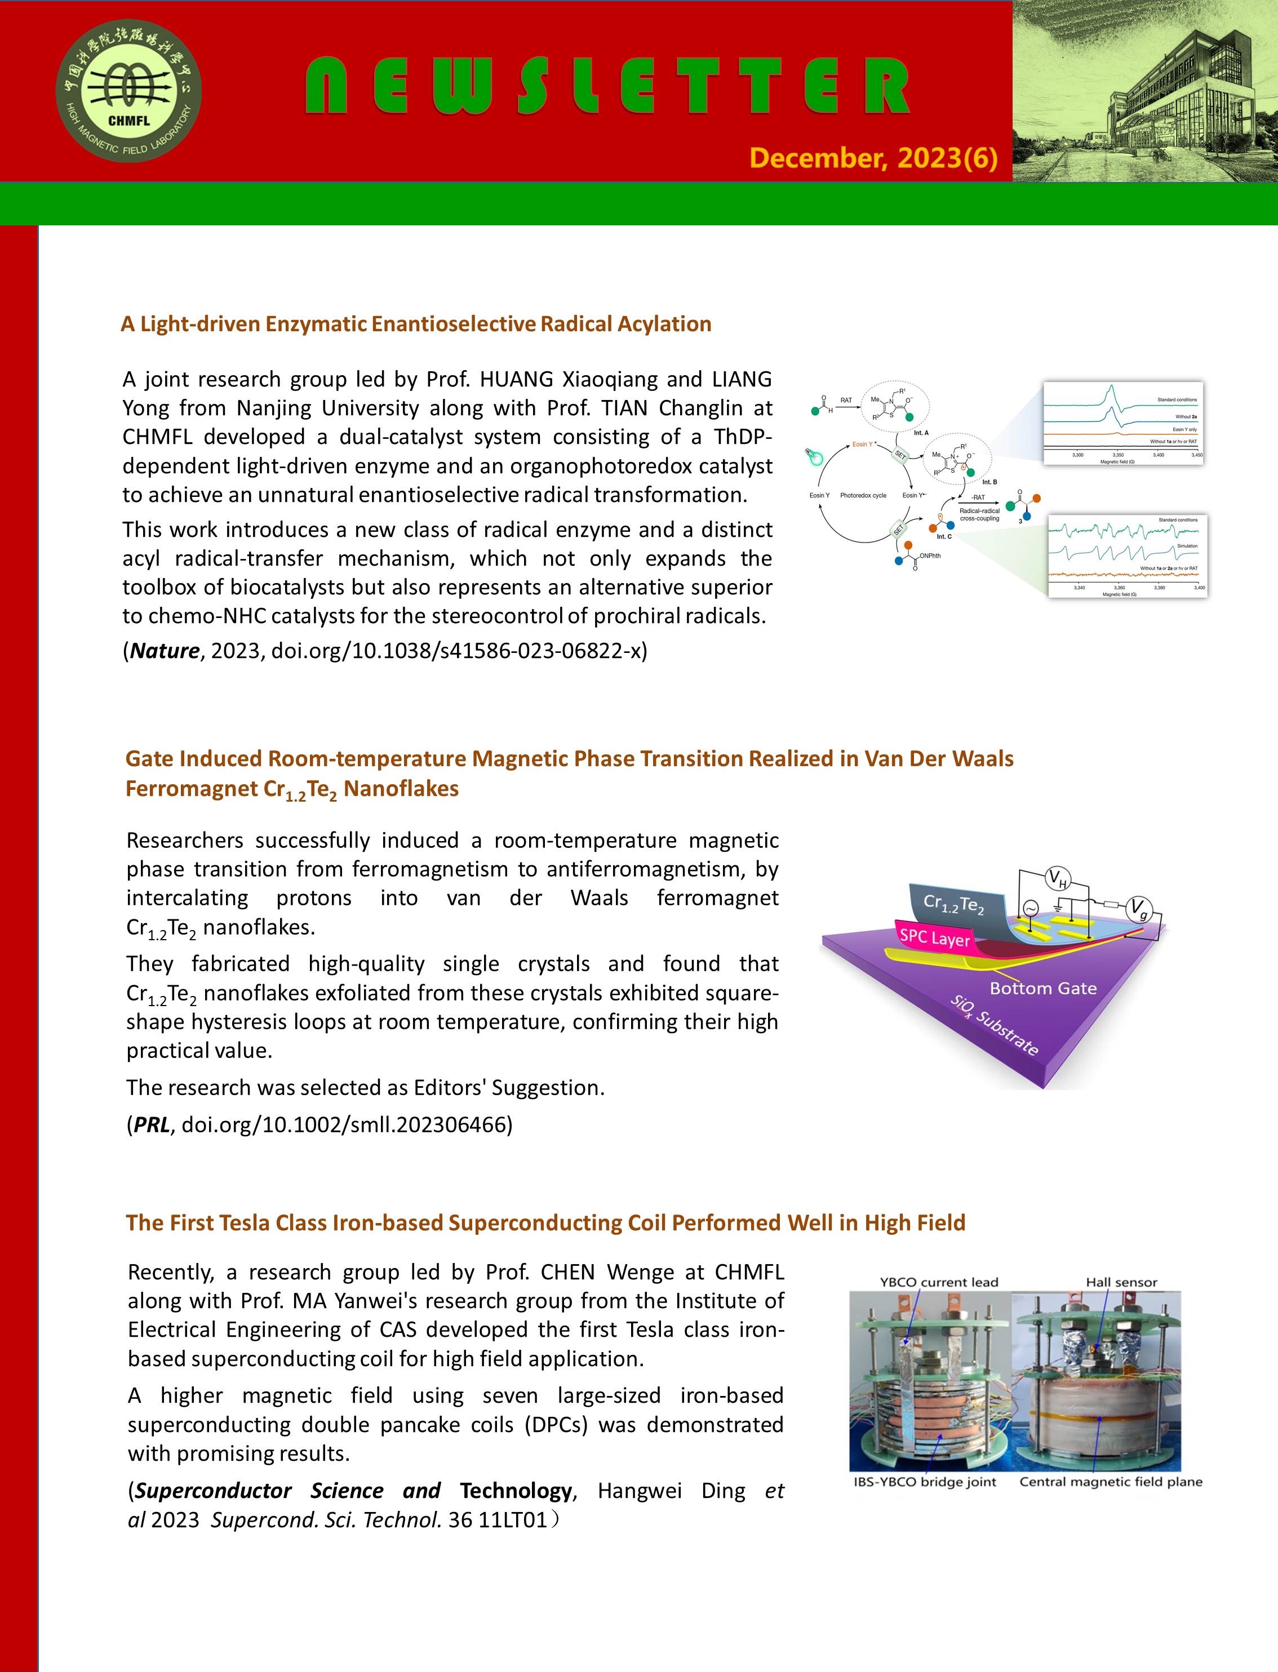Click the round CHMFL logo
(128, 91)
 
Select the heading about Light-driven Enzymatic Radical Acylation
(415, 324)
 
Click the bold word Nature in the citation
(165, 651)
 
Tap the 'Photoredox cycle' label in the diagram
(863, 496)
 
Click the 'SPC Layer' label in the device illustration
(935, 937)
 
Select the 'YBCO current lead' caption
(939, 1282)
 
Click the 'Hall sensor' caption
(1121, 1282)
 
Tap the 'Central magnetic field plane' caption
(1111, 1481)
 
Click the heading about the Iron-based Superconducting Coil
(545, 1222)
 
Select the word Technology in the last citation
(515, 1490)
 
